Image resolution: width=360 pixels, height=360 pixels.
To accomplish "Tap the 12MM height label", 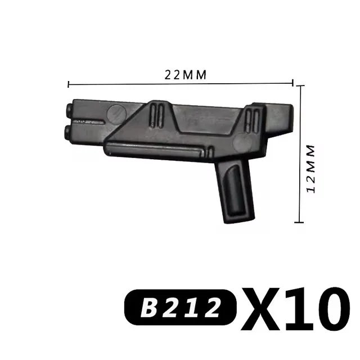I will pyautogui.click(x=310, y=168).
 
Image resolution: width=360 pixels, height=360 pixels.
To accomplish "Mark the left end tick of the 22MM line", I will pyautogui.click(x=69, y=85).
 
